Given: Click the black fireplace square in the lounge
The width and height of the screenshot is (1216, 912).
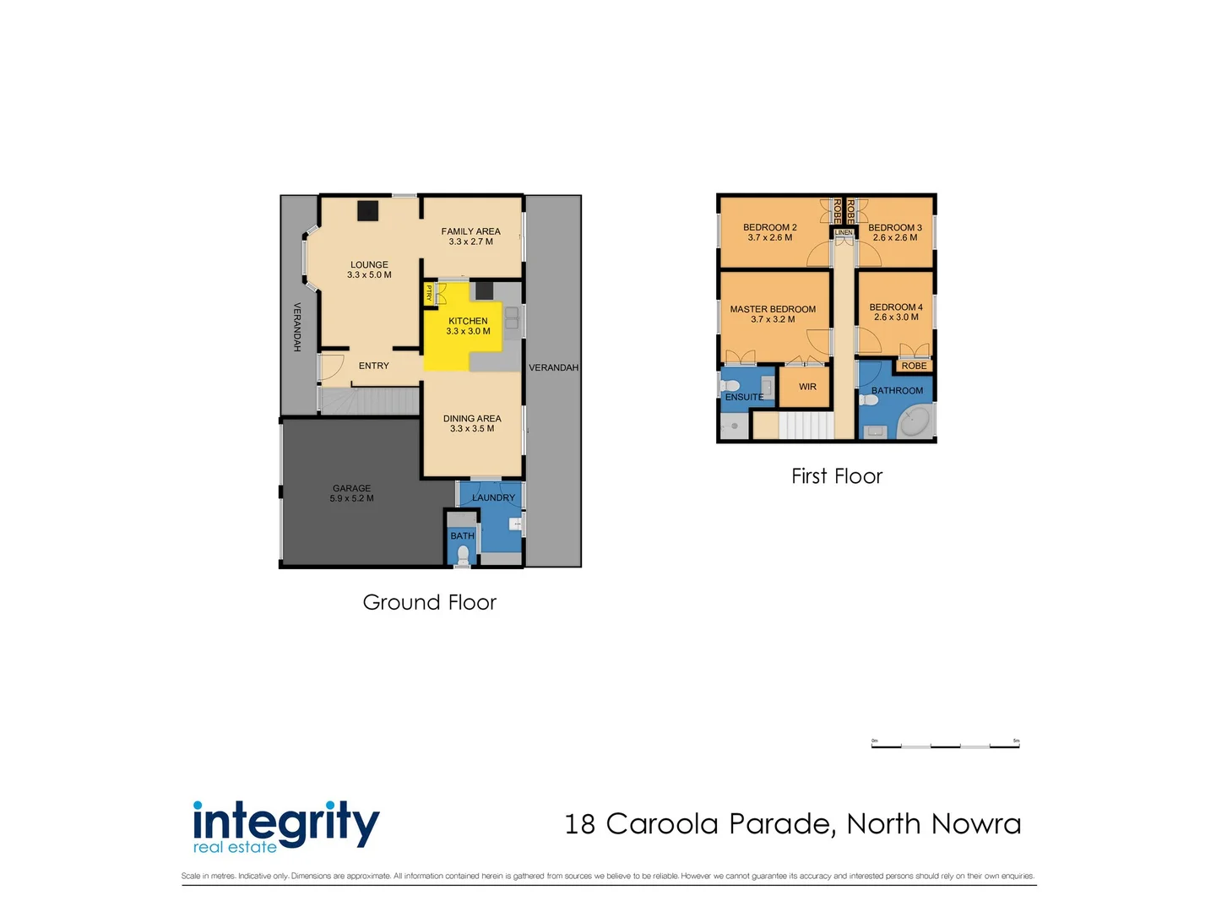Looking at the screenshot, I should [367, 210].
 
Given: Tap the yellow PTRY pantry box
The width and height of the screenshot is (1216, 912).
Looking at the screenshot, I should [429, 294].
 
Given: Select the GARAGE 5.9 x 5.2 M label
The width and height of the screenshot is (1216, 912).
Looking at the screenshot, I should [351, 493].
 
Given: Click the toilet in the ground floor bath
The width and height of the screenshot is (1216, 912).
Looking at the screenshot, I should [463, 555].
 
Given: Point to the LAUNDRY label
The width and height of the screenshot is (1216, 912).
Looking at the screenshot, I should [493, 498].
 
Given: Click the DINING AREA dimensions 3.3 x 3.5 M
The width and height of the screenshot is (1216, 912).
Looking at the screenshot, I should [472, 429].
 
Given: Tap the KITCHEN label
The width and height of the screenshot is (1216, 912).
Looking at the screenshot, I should [468, 321].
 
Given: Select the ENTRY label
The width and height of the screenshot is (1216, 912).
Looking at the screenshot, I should [373, 366].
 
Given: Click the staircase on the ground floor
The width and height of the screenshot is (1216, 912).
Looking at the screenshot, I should [370, 400].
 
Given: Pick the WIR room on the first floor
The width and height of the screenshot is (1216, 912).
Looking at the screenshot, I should [807, 387].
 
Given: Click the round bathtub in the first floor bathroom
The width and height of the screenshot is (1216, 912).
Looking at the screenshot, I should [914, 421].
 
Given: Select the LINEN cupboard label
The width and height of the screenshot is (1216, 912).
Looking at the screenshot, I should [844, 232].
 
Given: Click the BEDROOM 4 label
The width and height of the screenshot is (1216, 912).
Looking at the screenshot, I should [896, 307].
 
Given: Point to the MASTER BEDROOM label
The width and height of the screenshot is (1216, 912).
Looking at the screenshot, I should [773, 309].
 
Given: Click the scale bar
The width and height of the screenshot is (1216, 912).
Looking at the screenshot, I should [945, 746].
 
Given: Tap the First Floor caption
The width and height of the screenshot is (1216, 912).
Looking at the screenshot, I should [836, 476].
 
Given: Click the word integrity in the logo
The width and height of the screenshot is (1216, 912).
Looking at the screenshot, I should [286, 822].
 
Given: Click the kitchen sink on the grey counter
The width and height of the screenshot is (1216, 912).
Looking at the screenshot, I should [512, 318].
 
